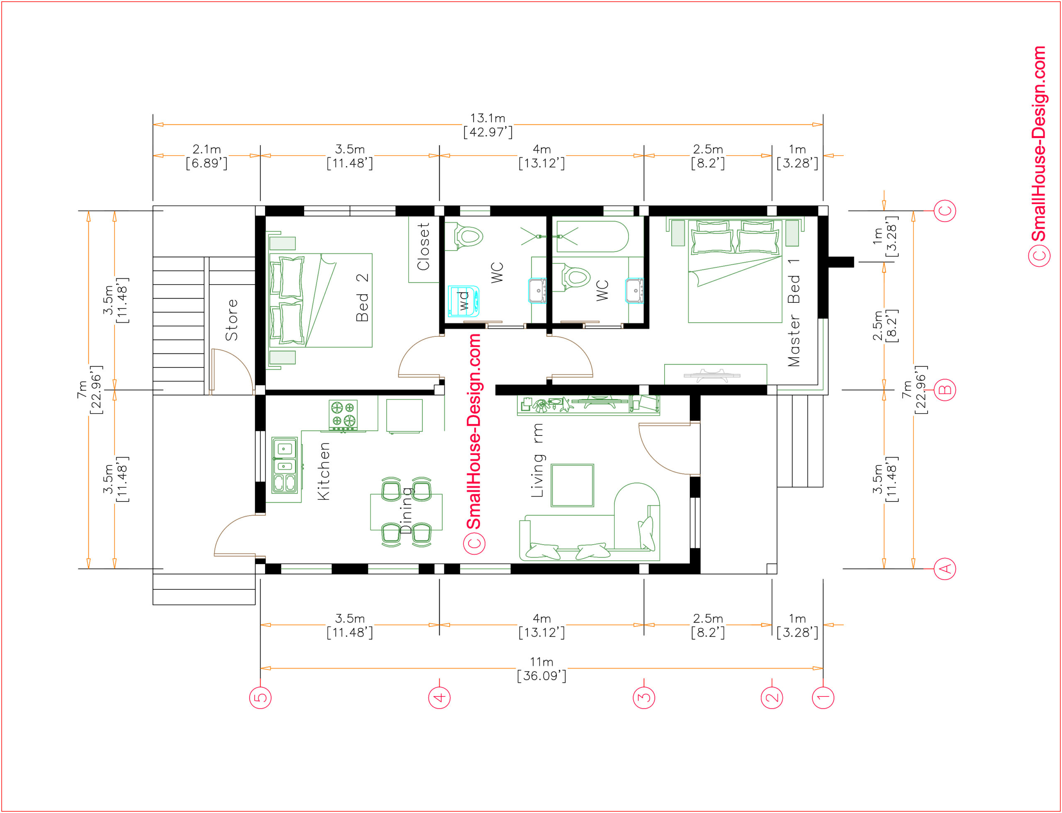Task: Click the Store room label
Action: pos(231,320)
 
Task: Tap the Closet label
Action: pos(423,246)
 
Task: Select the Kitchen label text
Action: pos(323,471)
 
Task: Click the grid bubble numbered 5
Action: pos(261,697)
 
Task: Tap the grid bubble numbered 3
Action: pos(644,697)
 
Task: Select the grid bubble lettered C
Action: pos(945,211)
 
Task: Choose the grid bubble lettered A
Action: pos(945,569)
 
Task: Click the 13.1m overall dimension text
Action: pos(488,118)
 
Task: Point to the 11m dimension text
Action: pos(541,662)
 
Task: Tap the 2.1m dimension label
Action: pos(207,149)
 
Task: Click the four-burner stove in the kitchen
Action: pos(343,415)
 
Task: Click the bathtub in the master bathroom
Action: pos(592,236)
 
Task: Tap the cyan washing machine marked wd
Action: pos(463,301)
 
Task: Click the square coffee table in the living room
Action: pos(572,485)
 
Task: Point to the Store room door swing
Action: pos(232,370)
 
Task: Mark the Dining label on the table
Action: pos(407,510)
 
